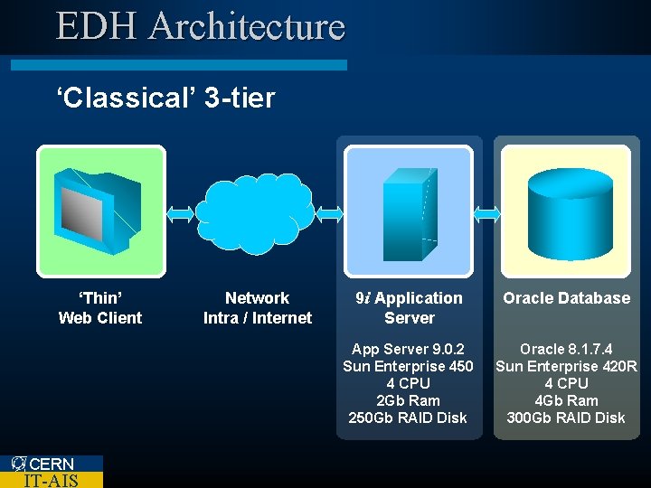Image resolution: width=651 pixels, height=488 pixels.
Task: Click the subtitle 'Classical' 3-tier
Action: point(165,98)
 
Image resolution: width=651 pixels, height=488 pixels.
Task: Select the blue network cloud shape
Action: point(256,213)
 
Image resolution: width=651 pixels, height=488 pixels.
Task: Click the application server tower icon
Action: point(409,211)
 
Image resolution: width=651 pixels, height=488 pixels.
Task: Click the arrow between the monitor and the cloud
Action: point(181,213)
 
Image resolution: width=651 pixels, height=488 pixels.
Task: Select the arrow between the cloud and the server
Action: point(330,213)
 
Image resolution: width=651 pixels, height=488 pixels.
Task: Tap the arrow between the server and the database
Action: point(487,213)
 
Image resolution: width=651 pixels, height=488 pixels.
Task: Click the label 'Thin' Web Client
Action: point(100,307)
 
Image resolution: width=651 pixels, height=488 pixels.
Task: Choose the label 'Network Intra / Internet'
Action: point(257,307)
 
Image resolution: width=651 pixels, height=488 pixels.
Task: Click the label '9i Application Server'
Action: point(409,307)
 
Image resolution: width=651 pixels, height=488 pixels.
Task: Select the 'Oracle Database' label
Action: point(566,298)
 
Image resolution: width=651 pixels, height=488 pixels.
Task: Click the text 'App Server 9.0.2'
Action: point(408,349)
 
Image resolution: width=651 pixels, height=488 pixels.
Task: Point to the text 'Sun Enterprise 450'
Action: point(408,366)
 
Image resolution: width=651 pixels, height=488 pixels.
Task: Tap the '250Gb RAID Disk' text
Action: point(408,418)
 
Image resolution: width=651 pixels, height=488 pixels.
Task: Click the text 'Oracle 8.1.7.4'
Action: point(566,349)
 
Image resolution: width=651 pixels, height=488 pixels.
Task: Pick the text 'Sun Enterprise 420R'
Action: point(566,366)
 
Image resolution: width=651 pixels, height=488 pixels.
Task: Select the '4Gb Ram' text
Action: point(566,400)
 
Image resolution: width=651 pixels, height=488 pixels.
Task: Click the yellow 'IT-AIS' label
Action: point(51,480)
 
